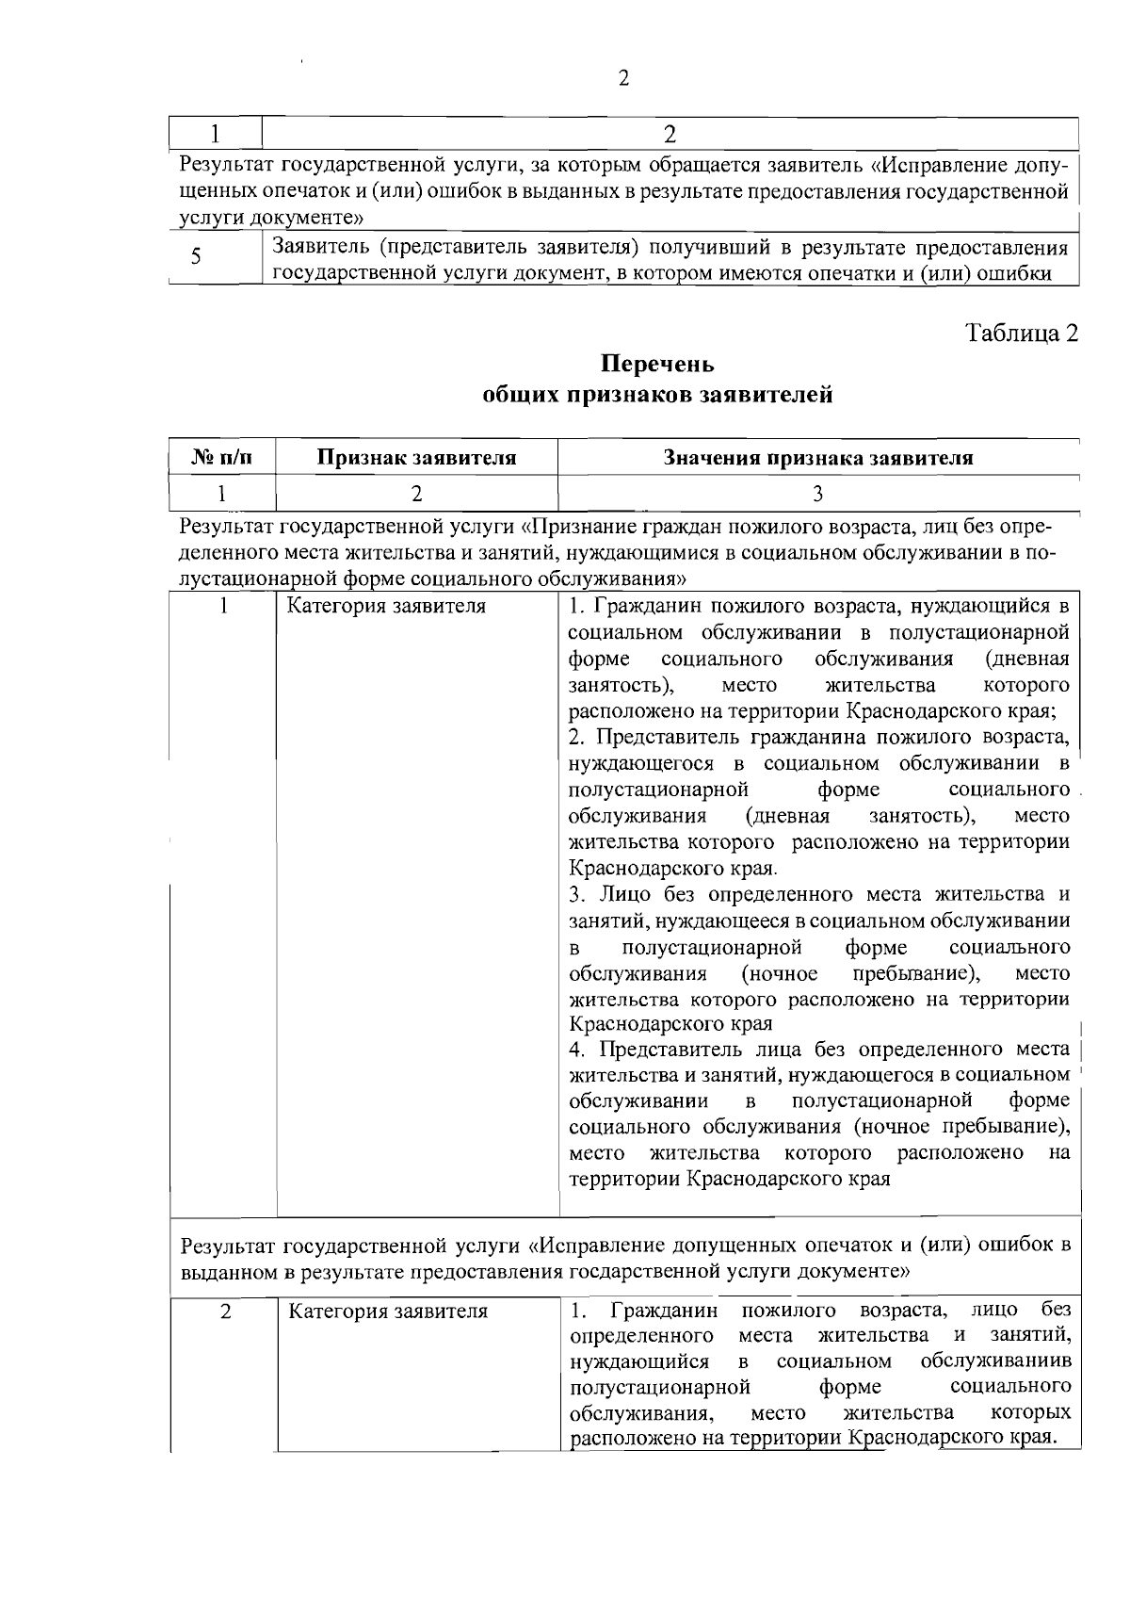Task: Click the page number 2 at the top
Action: click(x=623, y=78)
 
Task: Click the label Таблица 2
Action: click(x=1021, y=334)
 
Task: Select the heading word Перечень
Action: click(x=657, y=364)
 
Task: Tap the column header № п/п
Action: click(x=222, y=458)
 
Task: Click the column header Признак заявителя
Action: click(x=416, y=458)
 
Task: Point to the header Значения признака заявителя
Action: click(x=817, y=458)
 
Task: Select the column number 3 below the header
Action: click(x=817, y=493)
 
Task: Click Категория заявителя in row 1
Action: click(x=386, y=606)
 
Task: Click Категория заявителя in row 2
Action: click(x=387, y=1311)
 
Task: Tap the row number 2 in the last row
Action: click(x=225, y=1311)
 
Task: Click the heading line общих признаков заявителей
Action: click(x=657, y=395)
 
